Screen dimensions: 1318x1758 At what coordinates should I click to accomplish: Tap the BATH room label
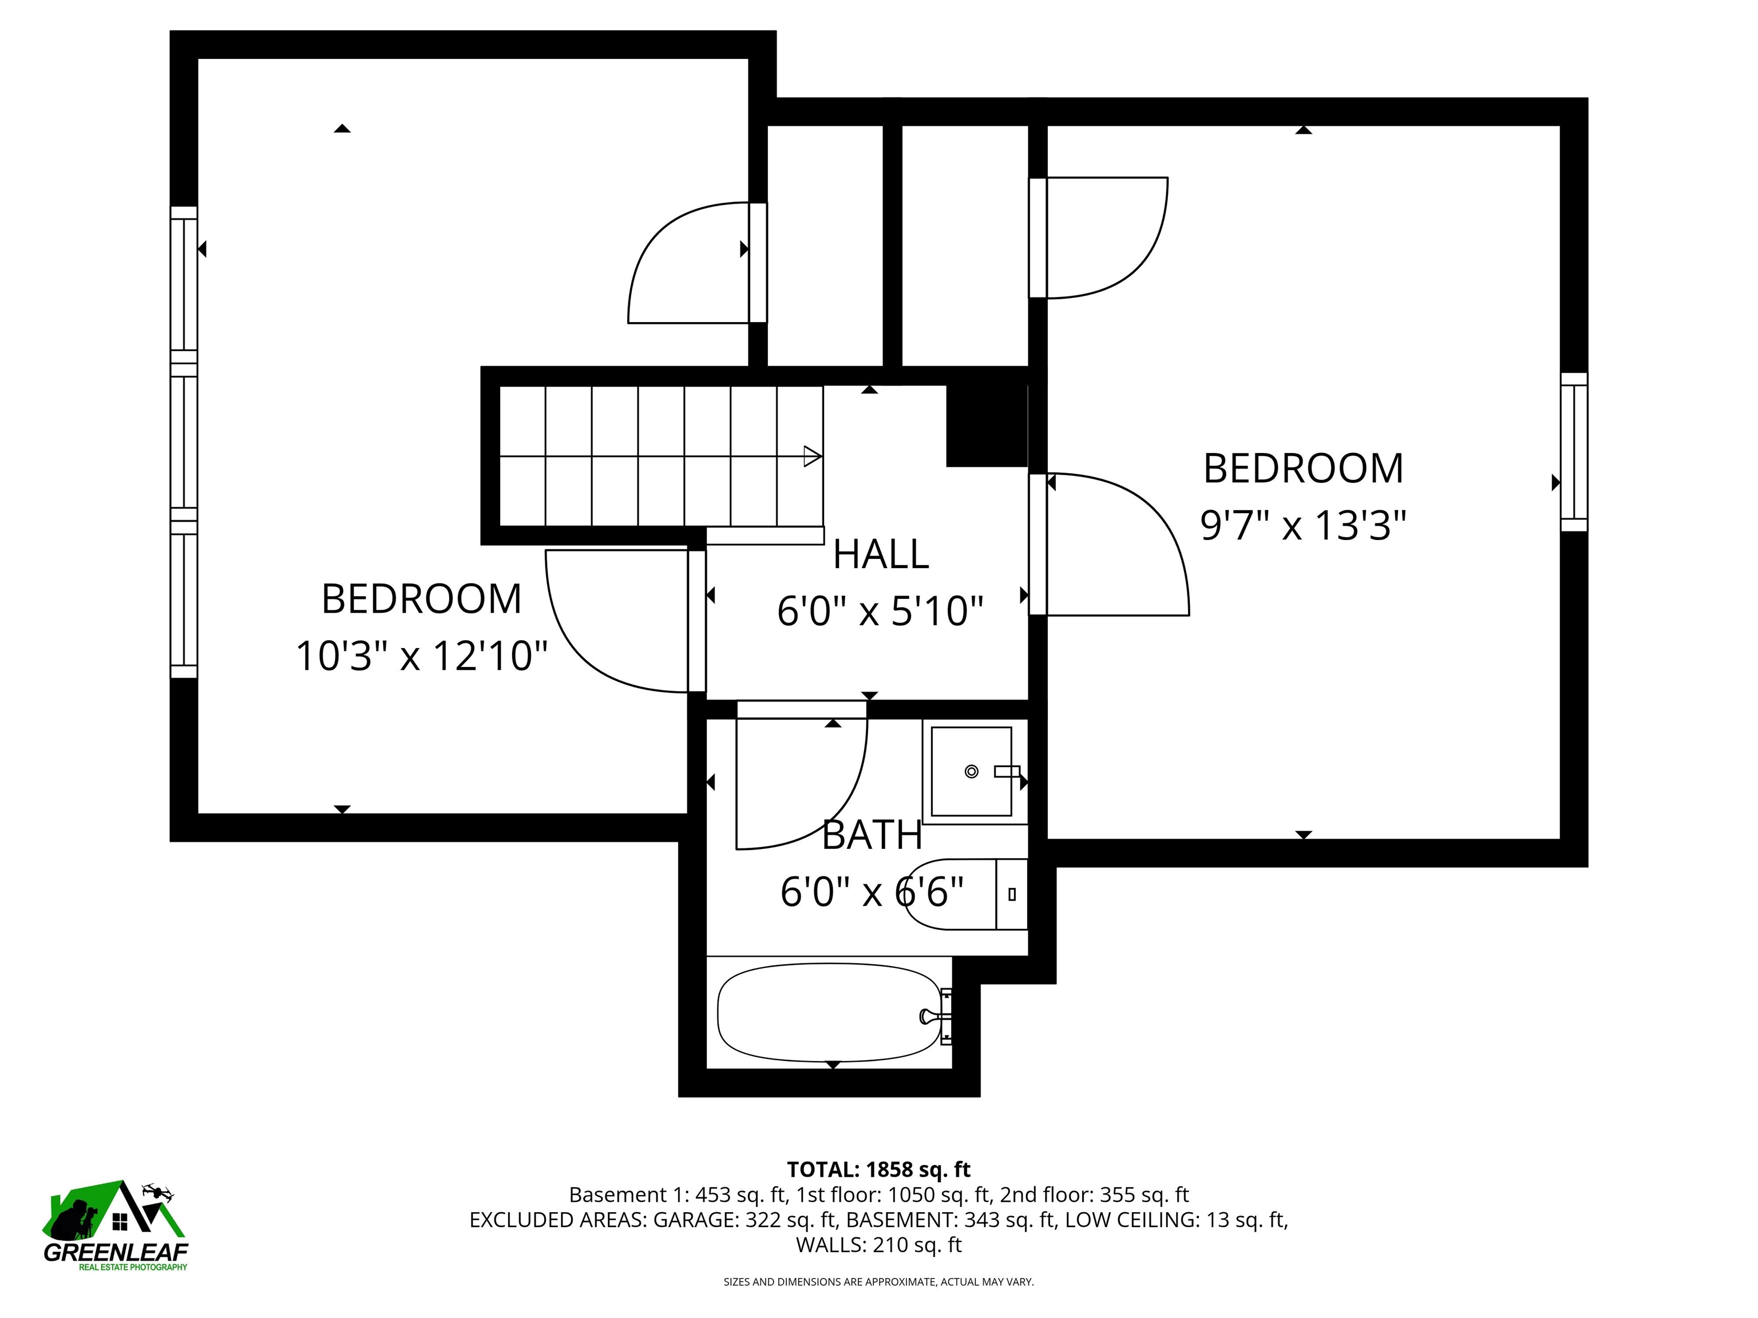coord(872,835)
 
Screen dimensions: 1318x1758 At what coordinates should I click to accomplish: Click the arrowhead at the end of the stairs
coord(812,456)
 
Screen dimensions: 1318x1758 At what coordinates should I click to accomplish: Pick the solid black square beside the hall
coord(986,426)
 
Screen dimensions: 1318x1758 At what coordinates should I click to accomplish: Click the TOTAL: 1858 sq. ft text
coord(878,1169)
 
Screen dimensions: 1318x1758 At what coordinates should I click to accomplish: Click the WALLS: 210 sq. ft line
coord(878,1245)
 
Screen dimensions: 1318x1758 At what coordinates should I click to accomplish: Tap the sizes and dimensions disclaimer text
coord(878,1281)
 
